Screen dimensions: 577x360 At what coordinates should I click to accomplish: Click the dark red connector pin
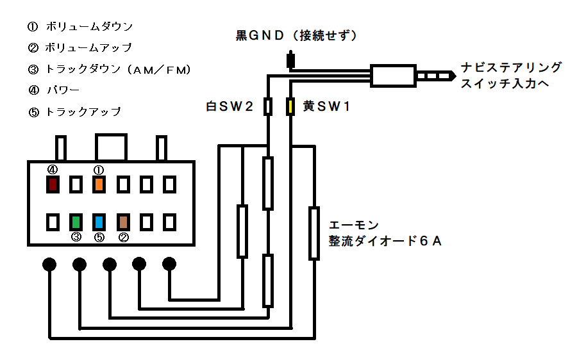[53, 184]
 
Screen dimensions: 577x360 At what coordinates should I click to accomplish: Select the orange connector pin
[99, 184]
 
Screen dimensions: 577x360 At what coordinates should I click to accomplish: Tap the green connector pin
[76, 222]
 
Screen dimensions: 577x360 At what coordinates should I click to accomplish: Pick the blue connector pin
[99, 222]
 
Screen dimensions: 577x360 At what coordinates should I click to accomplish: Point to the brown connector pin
[123, 222]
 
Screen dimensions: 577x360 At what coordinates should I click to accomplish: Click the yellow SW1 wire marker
[290, 106]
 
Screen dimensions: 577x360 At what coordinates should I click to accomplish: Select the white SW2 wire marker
[268, 106]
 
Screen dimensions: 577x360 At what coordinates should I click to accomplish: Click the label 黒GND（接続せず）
[296, 36]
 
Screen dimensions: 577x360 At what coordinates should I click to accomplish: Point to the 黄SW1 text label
[326, 106]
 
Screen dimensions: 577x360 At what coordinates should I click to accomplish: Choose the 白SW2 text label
[230, 106]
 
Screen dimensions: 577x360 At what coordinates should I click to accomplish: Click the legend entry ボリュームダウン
[89, 26]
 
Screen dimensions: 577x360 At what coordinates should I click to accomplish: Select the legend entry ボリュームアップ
[88, 47]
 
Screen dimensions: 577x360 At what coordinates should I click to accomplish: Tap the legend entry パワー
[63, 90]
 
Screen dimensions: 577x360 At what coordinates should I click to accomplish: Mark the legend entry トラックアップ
[83, 111]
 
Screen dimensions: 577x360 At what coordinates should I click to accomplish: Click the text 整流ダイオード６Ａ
[385, 241]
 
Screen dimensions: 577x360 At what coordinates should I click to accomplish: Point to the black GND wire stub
[290, 60]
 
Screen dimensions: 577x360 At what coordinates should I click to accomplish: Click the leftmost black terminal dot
[49, 264]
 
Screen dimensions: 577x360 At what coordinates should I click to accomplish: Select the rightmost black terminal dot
[169, 264]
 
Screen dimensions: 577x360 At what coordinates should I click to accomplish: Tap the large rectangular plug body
[393, 76]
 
